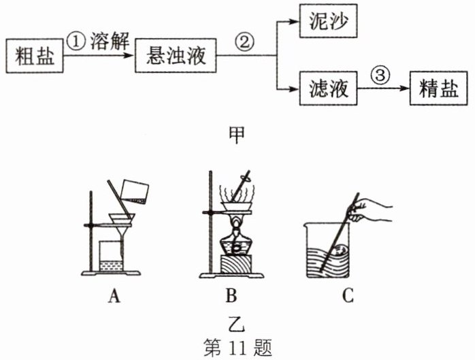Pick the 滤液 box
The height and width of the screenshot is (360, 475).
coord(329,89)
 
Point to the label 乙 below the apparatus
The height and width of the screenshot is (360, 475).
coord(236,319)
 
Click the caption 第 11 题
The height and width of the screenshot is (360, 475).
coord(237,346)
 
